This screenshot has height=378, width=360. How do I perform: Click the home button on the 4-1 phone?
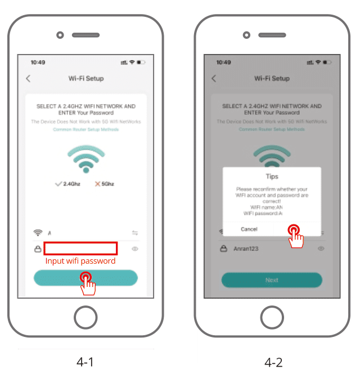click(85, 316)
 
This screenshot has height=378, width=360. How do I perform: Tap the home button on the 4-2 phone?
click(272, 316)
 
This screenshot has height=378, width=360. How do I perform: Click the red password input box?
click(80, 248)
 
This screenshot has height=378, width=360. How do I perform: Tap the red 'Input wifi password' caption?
click(80, 261)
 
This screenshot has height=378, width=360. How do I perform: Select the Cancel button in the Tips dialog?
click(249, 229)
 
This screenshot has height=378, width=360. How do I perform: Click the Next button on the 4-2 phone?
click(272, 280)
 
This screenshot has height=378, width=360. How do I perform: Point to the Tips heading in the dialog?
click(272, 177)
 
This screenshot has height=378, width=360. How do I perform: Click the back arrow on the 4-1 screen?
click(28, 79)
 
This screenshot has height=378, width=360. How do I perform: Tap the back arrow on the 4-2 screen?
click(214, 79)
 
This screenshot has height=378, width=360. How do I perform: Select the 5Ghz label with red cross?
click(105, 184)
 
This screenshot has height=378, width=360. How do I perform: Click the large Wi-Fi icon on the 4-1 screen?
click(85, 159)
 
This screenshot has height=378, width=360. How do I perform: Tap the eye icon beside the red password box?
click(135, 249)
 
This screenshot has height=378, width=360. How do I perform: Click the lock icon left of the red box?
click(38, 249)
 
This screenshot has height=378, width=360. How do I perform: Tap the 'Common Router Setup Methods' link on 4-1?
click(85, 129)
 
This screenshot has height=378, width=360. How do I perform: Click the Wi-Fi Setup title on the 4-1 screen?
click(85, 79)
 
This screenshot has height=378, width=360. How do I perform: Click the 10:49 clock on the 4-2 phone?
click(223, 62)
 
